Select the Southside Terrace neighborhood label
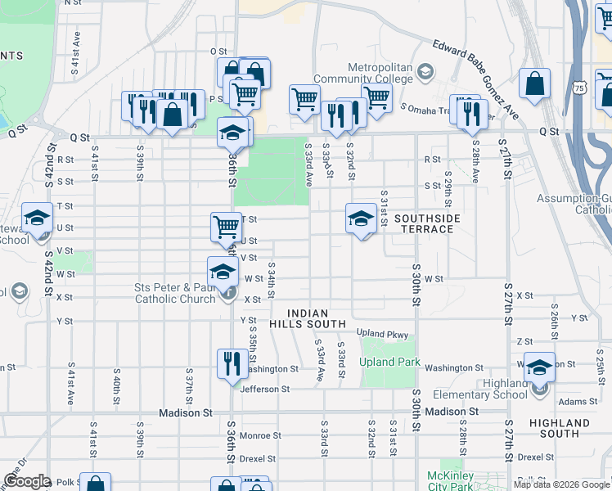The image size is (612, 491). [427, 223]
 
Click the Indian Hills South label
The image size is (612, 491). [308, 318]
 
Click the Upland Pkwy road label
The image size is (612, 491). [381, 333]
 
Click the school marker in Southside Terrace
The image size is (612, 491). [361, 218]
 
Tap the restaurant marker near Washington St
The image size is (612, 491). [232, 363]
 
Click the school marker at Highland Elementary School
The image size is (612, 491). [539, 367]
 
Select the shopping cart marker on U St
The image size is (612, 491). [227, 227]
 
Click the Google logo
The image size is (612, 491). [26, 481]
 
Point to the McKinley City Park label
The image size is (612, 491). [445, 480]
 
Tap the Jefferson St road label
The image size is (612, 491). [265, 390]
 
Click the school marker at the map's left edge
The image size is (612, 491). [37, 218]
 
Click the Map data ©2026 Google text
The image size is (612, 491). [561, 484]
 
